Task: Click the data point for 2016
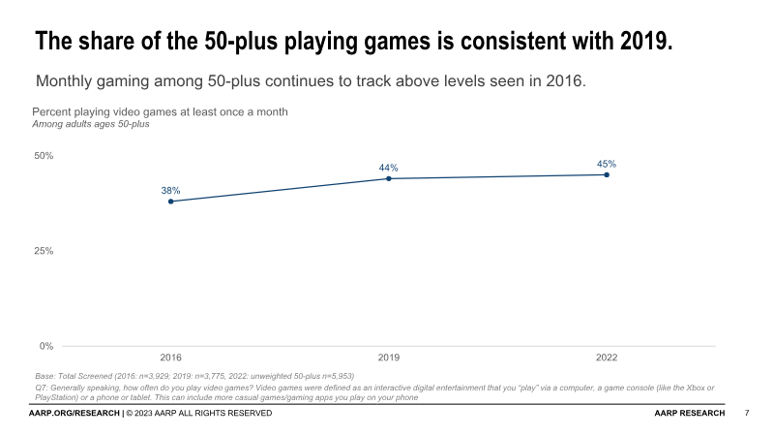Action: click(x=171, y=202)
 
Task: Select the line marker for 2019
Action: click(x=389, y=178)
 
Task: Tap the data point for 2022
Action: click(x=607, y=174)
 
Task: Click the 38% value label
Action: click(x=170, y=190)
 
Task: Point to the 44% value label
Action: click(x=389, y=168)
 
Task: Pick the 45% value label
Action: click(x=607, y=164)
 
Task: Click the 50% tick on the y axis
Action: click(x=45, y=156)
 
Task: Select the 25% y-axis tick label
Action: click(x=45, y=251)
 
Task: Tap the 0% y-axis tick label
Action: click(x=46, y=346)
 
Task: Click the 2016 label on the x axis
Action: click(x=171, y=358)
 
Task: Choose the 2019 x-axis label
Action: click(x=389, y=358)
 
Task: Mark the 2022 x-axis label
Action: click(x=607, y=358)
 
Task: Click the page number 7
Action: click(x=747, y=414)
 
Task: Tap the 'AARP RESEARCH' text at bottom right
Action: click(x=690, y=414)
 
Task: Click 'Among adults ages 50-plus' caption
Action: click(x=91, y=124)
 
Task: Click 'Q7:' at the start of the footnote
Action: click(x=40, y=388)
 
